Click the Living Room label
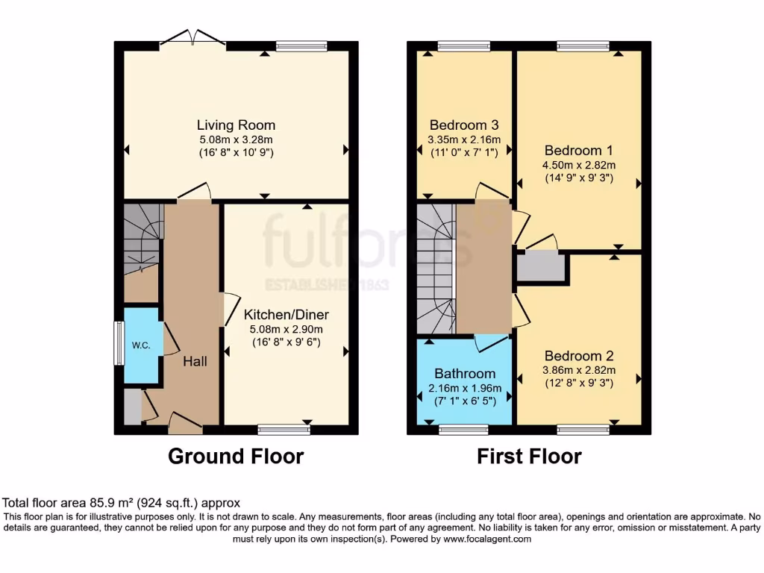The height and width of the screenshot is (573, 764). (x=236, y=125)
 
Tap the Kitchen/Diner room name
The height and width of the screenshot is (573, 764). (x=286, y=314)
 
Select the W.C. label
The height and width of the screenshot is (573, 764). (x=141, y=345)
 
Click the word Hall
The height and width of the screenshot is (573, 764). (x=195, y=361)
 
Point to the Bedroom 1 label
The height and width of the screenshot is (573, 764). (x=579, y=148)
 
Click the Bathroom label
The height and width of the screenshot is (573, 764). (x=465, y=373)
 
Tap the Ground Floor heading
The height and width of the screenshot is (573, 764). (x=236, y=456)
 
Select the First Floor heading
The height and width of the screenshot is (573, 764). (x=529, y=456)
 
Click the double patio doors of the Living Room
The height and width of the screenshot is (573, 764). (x=193, y=39)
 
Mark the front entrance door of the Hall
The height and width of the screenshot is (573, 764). (x=185, y=424)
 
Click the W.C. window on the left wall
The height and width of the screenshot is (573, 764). (x=119, y=343)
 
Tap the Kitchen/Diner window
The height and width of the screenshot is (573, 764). (x=284, y=430)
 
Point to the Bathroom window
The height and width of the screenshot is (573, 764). (x=463, y=430)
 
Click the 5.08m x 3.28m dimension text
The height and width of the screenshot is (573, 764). (x=236, y=140)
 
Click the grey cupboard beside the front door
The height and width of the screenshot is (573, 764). (x=132, y=407)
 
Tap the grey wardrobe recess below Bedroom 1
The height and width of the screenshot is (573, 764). (x=541, y=267)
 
